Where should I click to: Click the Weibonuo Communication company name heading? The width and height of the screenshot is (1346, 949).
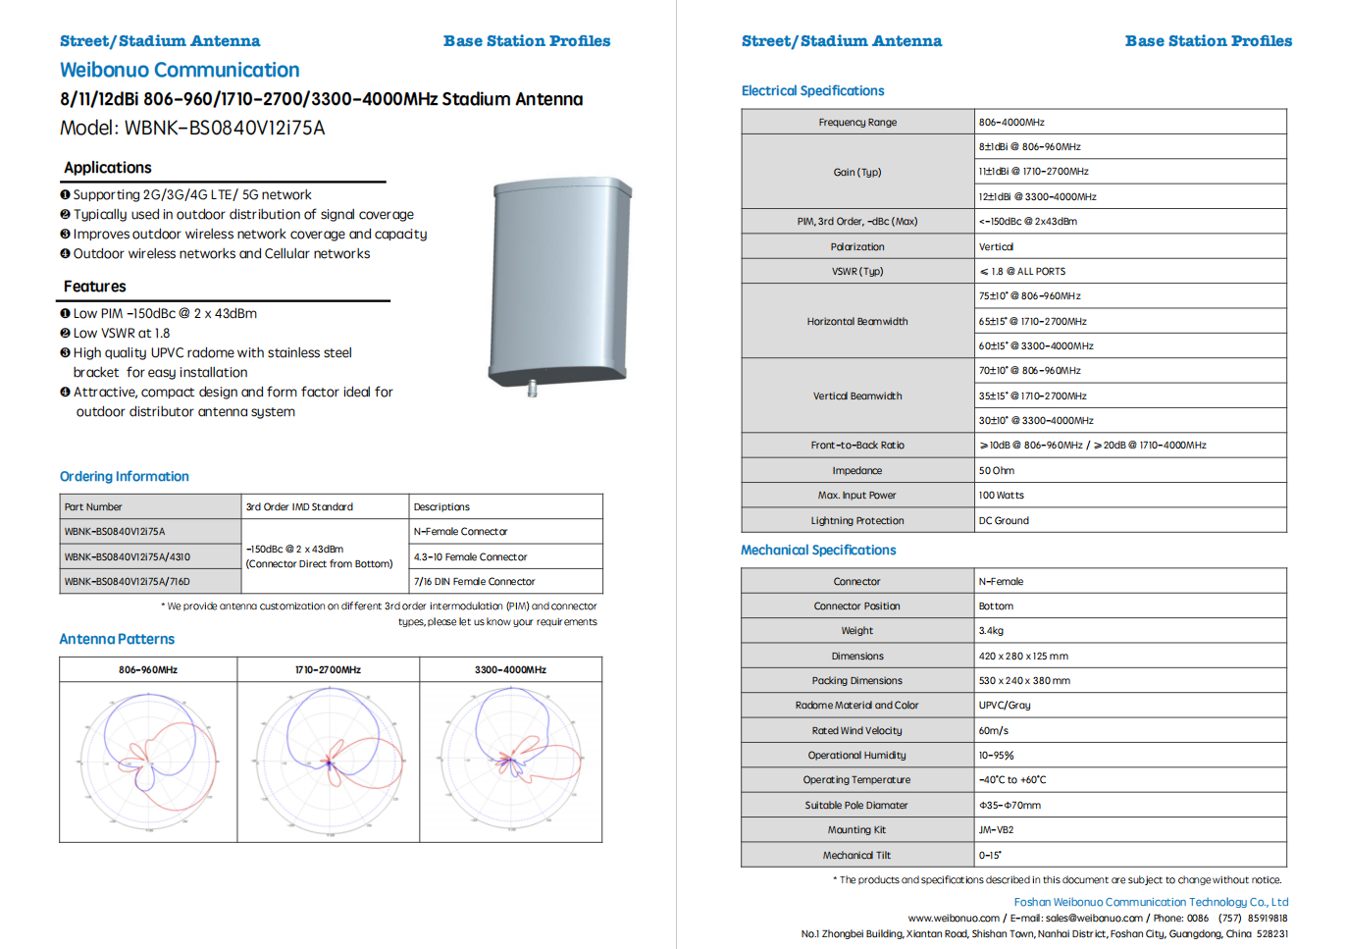(180, 71)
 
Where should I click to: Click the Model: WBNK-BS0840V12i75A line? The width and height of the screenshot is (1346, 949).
(192, 128)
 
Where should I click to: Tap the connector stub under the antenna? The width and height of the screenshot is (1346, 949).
(533, 389)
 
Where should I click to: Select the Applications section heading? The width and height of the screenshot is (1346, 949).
(108, 168)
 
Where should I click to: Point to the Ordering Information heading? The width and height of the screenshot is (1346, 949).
(125, 476)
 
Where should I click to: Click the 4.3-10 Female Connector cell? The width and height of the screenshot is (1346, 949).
(470, 556)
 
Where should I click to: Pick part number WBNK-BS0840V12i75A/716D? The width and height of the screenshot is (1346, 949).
(128, 581)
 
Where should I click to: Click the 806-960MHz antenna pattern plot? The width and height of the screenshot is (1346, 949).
(148, 761)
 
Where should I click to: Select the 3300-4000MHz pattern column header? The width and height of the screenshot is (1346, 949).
(510, 669)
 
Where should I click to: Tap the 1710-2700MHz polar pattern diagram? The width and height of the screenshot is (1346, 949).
(329, 761)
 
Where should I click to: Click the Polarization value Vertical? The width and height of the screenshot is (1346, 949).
(996, 246)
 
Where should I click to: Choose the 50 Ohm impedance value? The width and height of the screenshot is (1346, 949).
(996, 470)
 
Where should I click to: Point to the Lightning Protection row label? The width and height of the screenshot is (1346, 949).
(857, 520)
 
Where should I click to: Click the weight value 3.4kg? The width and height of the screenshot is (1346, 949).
(991, 630)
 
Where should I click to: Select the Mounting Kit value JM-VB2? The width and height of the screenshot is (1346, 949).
(996, 829)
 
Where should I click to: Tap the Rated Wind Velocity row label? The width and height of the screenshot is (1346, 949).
(856, 730)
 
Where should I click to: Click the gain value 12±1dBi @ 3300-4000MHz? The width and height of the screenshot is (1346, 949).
(1037, 196)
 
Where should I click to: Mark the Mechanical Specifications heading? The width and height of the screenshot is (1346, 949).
(818, 550)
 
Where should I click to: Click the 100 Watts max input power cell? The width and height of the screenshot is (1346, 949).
(1001, 495)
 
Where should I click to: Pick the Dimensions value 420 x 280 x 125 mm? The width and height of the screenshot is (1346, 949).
(1023, 656)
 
